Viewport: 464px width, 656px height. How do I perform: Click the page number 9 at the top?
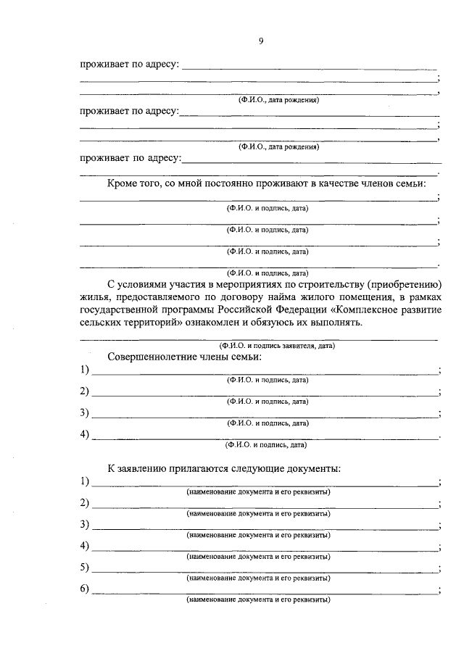coord(261,41)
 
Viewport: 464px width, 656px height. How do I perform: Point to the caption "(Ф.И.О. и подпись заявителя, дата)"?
coord(278,346)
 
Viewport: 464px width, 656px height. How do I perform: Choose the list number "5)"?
coord(85,567)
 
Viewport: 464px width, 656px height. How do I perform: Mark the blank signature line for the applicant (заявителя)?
coord(258,339)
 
